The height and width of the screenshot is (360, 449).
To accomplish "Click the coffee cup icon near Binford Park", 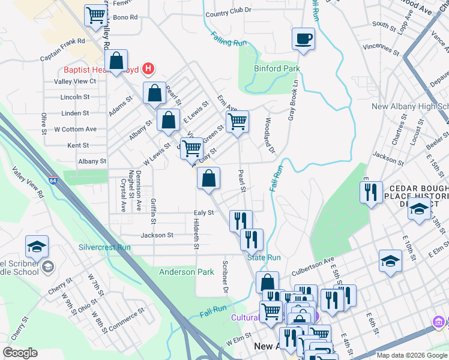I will pos(303,39).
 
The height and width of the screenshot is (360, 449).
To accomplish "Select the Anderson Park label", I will pos(186,272).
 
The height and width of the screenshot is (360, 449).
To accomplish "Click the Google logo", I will pos(20,352).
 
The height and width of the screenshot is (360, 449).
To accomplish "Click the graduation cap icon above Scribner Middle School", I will pos(37,247).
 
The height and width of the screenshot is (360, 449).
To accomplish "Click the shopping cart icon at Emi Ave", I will pos(237,122).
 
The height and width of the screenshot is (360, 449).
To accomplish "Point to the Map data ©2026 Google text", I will pos(411,355).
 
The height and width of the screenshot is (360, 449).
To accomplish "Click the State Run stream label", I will pos(264,257).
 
